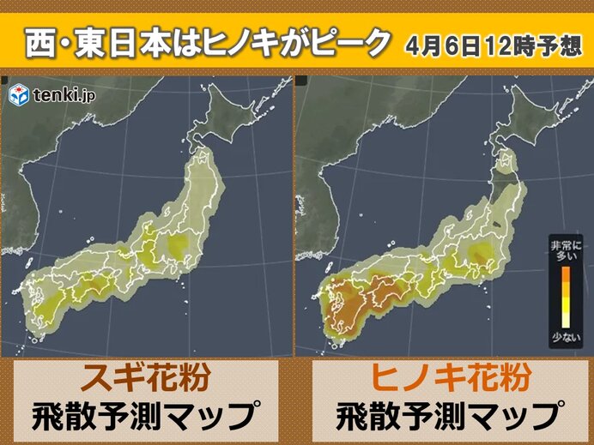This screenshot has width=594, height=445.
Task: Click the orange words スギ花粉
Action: pyautogui.click(x=147, y=379)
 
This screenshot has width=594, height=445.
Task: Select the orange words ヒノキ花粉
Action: pyautogui.click(x=445, y=379)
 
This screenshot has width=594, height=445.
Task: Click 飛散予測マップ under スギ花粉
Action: pyautogui.click(x=147, y=416)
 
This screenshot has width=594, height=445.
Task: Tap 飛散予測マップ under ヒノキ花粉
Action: pyautogui.click(x=445, y=416)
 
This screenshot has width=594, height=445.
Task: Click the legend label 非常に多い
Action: pyautogui.click(x=565, y=251)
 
